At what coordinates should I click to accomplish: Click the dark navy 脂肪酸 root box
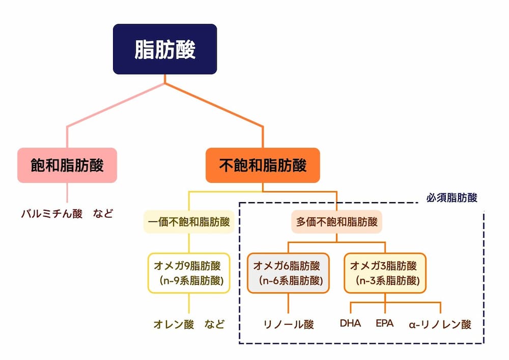tap(165, 49)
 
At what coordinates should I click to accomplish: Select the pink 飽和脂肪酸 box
tap(67, 165)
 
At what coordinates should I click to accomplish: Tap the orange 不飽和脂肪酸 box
tap(263, 165)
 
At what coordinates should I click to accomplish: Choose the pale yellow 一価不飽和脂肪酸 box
tap(189, 223)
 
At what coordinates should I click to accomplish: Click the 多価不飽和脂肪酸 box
tap(336, 223)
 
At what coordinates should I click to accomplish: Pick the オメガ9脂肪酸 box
tap(189, 273)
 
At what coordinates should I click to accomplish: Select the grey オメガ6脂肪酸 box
tap(288, 273)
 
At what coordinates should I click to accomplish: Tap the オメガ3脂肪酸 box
tap(385, 273)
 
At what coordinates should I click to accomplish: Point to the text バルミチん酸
tap(51, 213)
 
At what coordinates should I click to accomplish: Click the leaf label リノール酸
tap(289, 324)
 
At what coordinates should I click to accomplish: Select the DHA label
tap(350, 323)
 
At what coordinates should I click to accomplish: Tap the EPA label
tap(384, 323)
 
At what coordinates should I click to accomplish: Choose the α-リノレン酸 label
tap(440, 324)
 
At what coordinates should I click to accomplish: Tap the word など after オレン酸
tap(215, 324)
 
